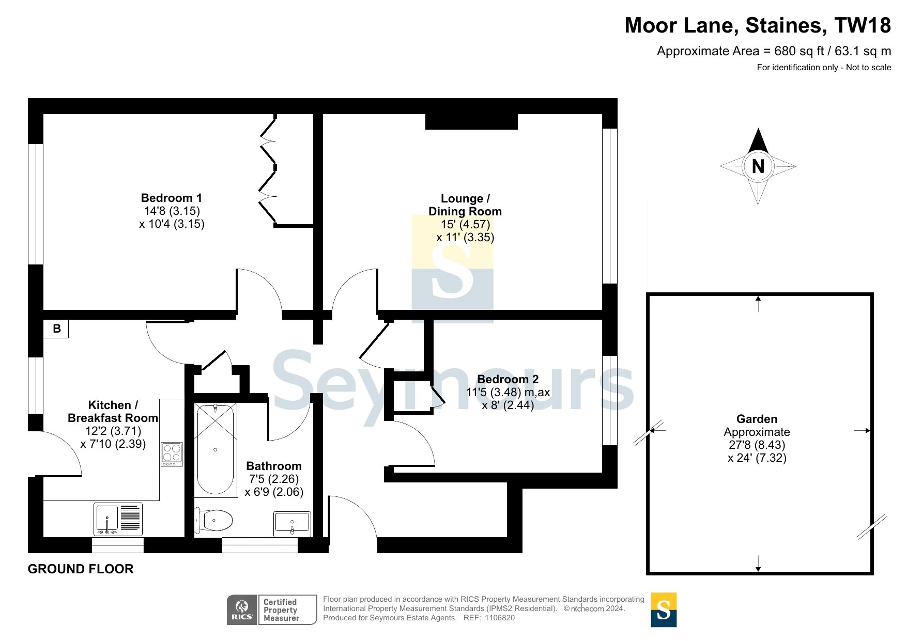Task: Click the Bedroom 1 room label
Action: [172, 198]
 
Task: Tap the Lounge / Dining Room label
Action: [465, 205]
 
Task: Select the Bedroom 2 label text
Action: [508, 379]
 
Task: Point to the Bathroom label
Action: [274, 466]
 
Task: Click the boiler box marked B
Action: [56, 329]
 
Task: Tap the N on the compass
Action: [758, 166]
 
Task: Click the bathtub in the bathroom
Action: [216, 449]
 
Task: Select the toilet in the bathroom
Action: [214, 520]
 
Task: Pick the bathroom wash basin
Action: [292, 523]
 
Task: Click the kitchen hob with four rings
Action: [172, 454]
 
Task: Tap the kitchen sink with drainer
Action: [118, 519]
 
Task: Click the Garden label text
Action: [757, 419]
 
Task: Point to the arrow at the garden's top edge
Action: [758, 304]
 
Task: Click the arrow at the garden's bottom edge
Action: [758, 564]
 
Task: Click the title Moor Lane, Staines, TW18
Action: [758, 25]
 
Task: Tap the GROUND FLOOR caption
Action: [81, 569]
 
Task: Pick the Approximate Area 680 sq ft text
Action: [774, 51]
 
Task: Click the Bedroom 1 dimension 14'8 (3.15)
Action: [172, 211]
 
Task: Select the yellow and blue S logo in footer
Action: [664, 609]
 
